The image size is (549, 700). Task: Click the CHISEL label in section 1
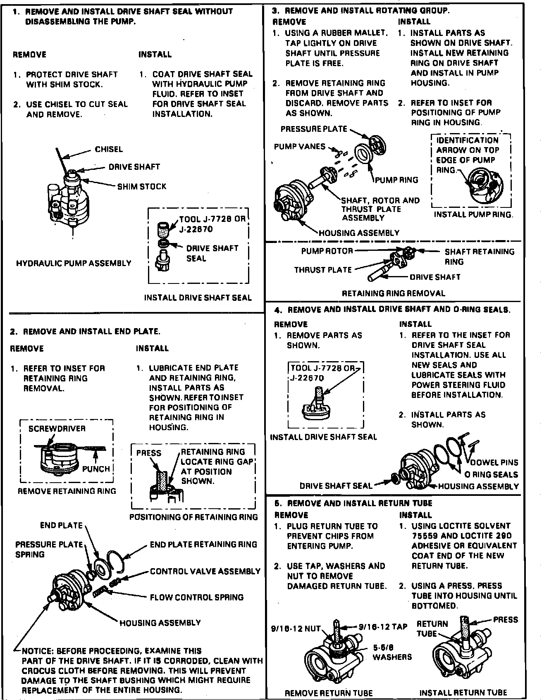(x=109, y=150)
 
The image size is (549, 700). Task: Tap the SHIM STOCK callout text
(x=142, y=187)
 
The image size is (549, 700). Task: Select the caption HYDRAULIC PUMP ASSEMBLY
(x=74, y=263)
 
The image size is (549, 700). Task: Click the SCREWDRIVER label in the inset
(x=57, y=429)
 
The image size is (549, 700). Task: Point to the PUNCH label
(x=96, y=469)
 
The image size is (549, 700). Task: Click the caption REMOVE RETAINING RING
(x=67, y=491)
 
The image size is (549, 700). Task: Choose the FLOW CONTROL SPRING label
(x=197, y=597)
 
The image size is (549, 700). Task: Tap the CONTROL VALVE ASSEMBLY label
(x=205, y=571)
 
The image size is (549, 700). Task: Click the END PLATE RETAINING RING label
(x=203, y=545)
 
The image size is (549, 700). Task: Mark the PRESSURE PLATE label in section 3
(x=314, y=129)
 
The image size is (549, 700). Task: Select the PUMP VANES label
(x=300, y=147)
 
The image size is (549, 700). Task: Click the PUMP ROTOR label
(x=327, y=251)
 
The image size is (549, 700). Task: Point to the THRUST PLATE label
(x=323, y=270)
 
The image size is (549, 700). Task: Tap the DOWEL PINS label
(x=494, y=462)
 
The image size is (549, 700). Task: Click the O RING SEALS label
(x=491, y=475)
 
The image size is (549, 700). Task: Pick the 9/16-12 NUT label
(x=296, y=629)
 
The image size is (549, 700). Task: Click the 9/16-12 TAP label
(x=383, y=627)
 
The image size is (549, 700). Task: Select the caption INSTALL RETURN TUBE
(x=463, y=693)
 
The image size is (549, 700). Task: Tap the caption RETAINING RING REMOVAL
(x=393, y=293)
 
